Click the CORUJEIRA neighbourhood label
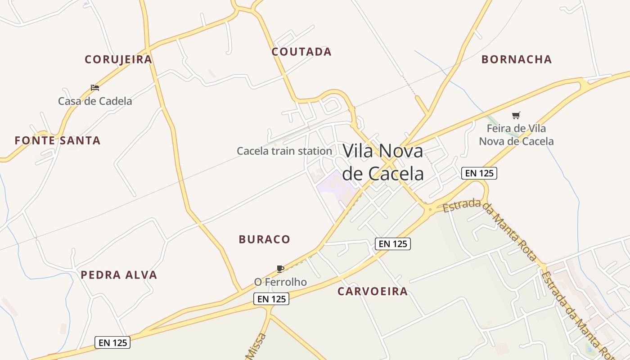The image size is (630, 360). click(118, 59)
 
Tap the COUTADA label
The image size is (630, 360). click(301, 52)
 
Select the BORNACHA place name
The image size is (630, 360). click(517, 59)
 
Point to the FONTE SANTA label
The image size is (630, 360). click(58, 140)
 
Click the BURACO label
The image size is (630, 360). click(265, 239)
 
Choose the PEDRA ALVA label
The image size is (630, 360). click(119, 275)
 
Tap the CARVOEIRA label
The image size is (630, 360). click(373, 291)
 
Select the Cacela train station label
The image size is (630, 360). click(284, 151)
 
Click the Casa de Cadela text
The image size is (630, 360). click(95, 101)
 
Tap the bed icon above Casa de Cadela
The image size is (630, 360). click(95, 87)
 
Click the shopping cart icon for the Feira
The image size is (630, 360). click(516, 116)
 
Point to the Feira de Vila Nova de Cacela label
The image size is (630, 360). click(516, 135)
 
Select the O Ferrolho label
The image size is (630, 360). click(280, 282)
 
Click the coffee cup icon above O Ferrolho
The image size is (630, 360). click(280, 269)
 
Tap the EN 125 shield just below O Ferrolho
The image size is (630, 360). click(271, 299)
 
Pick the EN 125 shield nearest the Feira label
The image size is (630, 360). click(479, 173)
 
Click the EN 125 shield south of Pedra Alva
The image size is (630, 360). click(113, 343)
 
